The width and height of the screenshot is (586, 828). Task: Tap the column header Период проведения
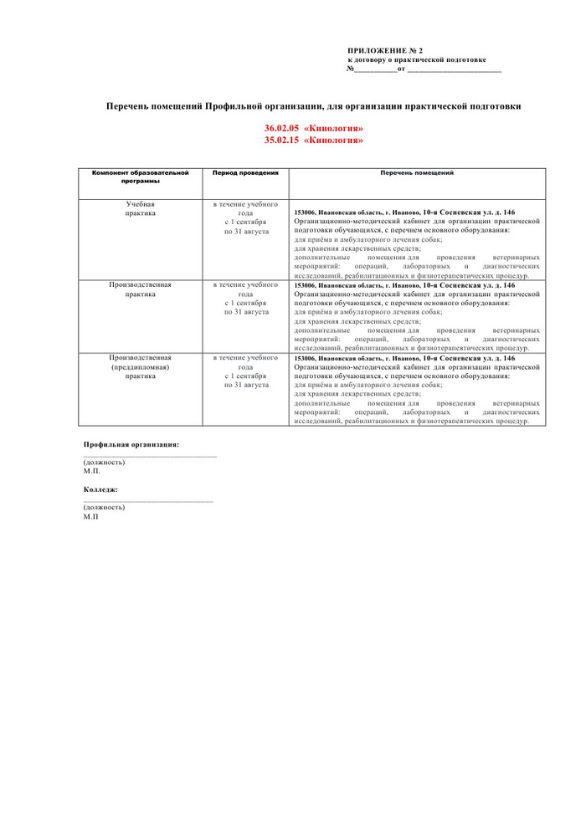pos(245,173)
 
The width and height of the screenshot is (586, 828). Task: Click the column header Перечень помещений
pos(417,172)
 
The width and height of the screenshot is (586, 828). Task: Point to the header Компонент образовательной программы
pos(141,176)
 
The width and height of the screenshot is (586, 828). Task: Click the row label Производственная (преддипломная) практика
pos(141,366)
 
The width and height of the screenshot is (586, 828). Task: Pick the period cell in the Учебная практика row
pos(246,218)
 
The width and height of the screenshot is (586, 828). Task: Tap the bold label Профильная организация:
pos(131,444)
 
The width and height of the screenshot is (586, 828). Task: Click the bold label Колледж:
pos(100,488)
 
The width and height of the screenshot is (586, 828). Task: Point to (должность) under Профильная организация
pos(105,463)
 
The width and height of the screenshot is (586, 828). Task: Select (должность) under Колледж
pos(105,507)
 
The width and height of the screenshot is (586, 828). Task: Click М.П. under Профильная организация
pos(91,472)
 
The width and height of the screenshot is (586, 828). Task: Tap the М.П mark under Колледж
pos(90,517)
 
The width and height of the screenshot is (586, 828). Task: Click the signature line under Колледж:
pos(148,500)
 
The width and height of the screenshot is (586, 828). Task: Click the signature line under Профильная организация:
pos(150,456)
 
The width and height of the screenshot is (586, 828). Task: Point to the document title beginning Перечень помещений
pos(313,106)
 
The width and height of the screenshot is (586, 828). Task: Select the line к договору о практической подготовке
pos(417,59)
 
